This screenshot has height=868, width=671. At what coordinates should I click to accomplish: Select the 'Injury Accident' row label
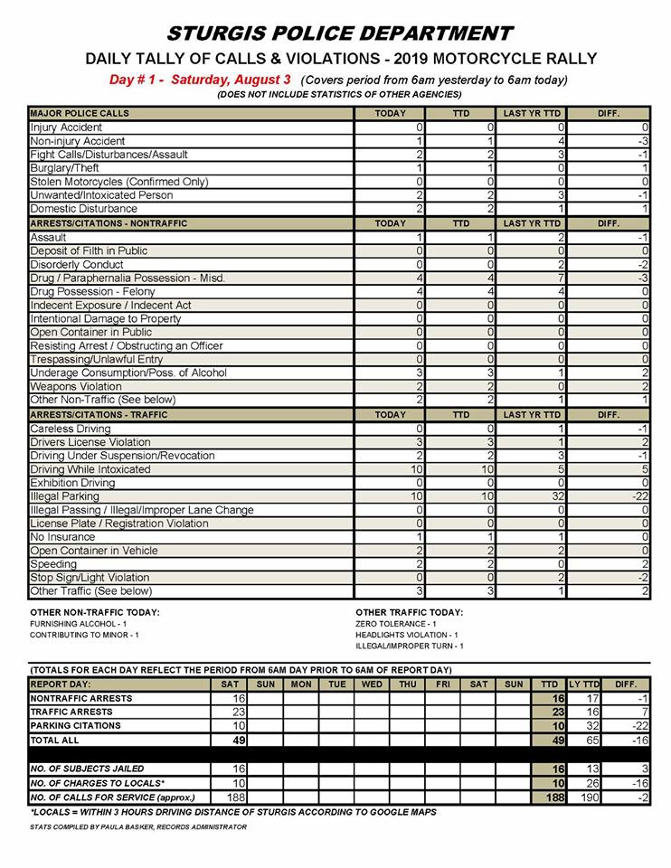pyautogui.click(x=66, y=127)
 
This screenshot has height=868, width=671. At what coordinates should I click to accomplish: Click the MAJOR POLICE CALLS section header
pyautogui.click(x=80, y=114)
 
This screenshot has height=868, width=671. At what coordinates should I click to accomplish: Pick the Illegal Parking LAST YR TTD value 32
pyautogui.click(x=533, y=496)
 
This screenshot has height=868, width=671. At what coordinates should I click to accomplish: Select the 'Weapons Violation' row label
pyautogui.click(x=76, y=386)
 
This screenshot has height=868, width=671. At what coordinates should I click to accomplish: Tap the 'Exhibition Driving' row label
pyautogui.click(x=74, y=483)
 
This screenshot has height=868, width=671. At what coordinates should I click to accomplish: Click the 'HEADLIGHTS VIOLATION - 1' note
pyautogui.click(x=407, y=635)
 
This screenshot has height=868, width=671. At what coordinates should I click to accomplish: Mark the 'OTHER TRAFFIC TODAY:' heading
pyautogui.click(x=410, y=612)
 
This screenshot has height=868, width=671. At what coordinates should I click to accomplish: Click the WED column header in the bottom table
pyautogui.click(x=372, y=684)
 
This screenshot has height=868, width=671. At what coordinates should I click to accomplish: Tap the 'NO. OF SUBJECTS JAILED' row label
pyautogui.click(x=87, y=768)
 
